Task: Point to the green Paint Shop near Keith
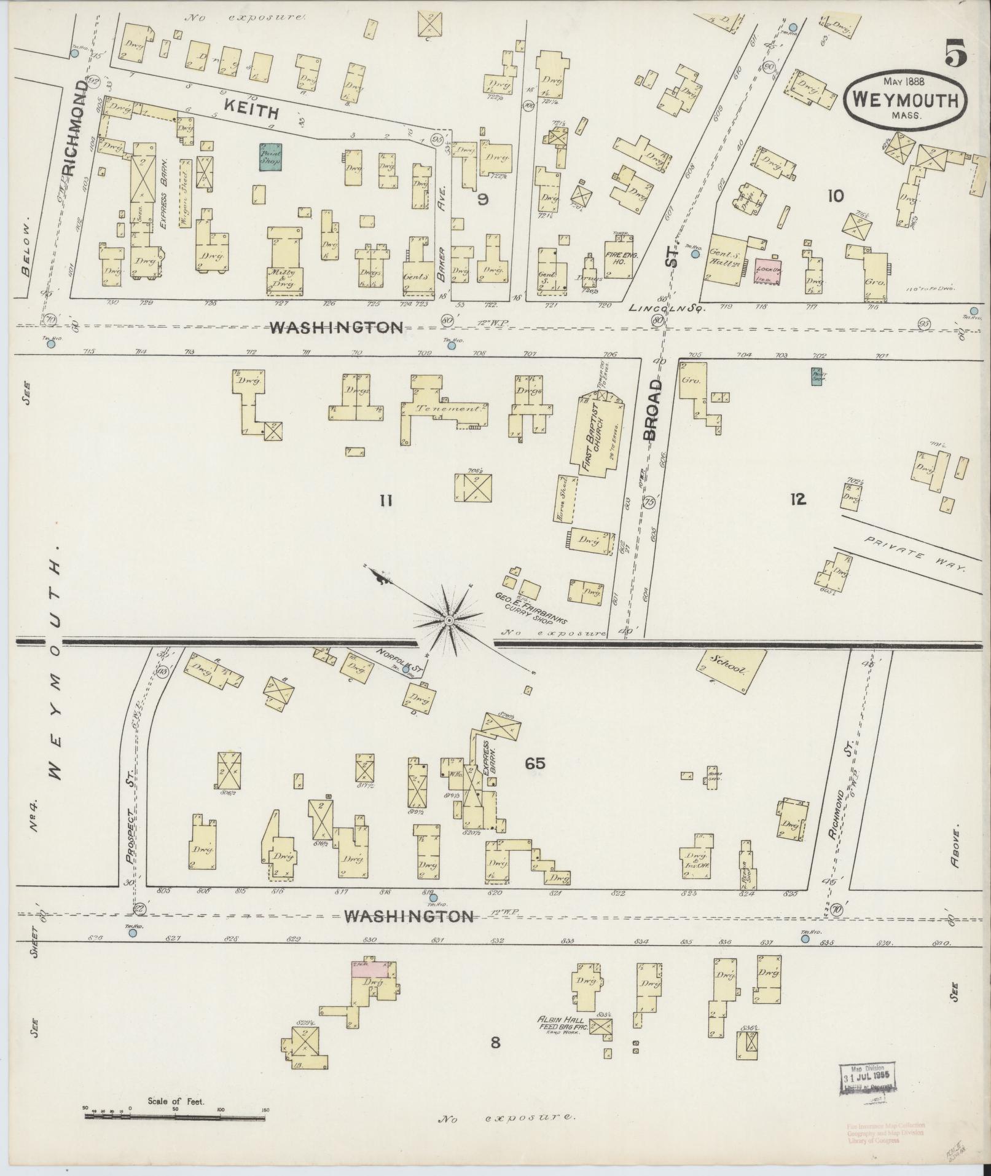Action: click(x=270, y=156)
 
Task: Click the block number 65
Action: click(x=535, y=764)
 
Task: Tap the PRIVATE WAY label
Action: click(x=915, y=554)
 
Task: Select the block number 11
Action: click(x=385, y=501)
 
